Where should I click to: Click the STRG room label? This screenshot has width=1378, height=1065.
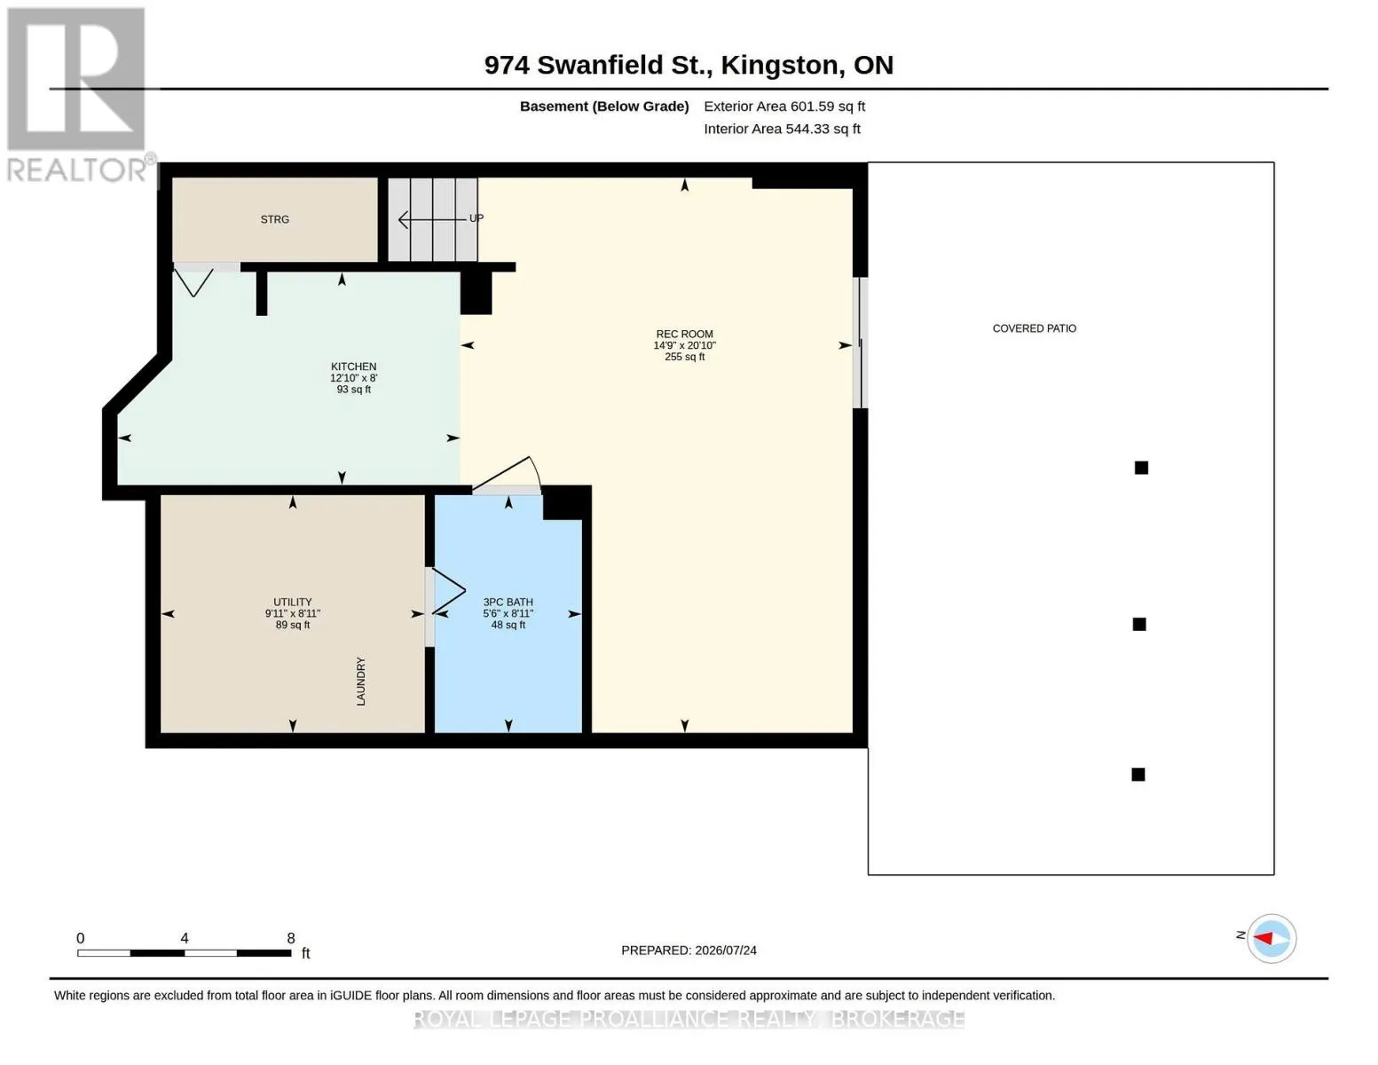(x=274, y=219)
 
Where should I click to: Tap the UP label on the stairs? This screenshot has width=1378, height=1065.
(x=476, y=218)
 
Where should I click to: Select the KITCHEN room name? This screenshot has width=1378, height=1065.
(x=353, y=367)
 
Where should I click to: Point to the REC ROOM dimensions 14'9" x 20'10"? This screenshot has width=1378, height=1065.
(x=684, y=346)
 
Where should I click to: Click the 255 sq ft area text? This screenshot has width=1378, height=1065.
(x=684, y=357)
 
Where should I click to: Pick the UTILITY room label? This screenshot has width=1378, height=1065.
(x=292, y=602)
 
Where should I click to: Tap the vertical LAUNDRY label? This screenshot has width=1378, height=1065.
(x=361, y=682)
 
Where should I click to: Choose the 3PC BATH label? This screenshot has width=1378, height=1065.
(x=508, y=602)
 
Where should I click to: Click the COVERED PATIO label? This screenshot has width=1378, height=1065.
(x=1035, y=328)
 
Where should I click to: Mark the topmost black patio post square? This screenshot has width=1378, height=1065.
(x=1141, y=468)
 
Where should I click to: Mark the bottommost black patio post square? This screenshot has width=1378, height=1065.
(x=1138, y=775)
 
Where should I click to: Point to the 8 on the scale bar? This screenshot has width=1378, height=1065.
(x=290, y=938)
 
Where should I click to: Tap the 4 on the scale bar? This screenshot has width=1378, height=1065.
(x=184, y=938)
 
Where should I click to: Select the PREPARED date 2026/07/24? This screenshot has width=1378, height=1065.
(x=726, y=951)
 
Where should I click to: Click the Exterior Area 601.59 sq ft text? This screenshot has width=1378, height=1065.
(x=784, y=106)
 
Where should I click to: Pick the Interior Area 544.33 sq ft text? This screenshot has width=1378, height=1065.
(x=782, y=129)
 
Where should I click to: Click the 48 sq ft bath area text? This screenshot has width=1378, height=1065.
(x=508, y=625)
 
